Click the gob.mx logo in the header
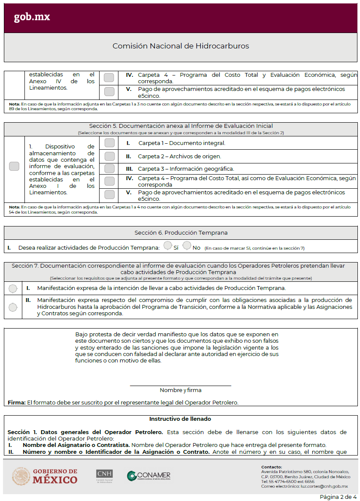(x=32, y=17)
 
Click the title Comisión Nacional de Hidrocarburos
(x=180, y=46)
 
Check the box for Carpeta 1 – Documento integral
(x=109, y=143)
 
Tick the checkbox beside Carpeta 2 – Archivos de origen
(x=109, y=156)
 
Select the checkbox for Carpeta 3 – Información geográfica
(x=109, y=169)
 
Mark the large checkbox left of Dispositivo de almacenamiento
(x=14, y=166)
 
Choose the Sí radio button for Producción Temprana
(x=167, y=246)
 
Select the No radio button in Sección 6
(x=187, y=246)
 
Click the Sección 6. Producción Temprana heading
(x=181, y=233)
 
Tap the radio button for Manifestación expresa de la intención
(x=13, y=288)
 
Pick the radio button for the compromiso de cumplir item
(x=13, y=307)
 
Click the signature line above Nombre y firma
(x=180, y=385)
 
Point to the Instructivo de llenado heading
(x=180, y=419)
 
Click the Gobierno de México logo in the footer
(x=45, y=476)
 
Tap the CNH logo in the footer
(x=104, y=476)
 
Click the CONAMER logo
(x=148, y=476)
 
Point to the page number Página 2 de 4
(x=338, y=497)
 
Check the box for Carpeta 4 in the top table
(x=109, y=78)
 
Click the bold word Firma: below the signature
(x=17, y=402)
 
